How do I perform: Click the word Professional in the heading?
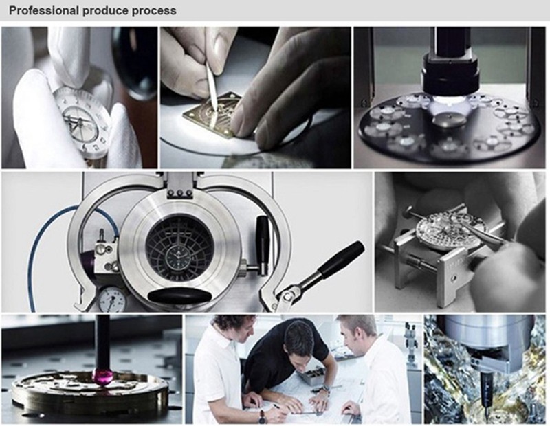(x=44, y=10)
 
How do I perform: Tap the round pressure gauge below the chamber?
(x=111, y=300)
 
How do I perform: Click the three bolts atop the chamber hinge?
(x=179, y=192)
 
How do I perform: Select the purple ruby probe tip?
(x=100, y=377)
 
